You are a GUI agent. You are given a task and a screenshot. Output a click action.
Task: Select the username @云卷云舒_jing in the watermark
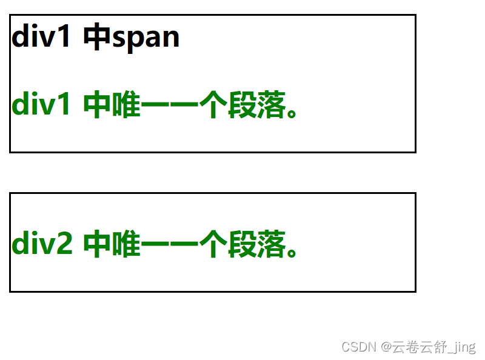pyautogui.click(x=429, y=347)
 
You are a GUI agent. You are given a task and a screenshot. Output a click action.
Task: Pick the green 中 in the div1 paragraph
pyautogui.click(x=97, y=105)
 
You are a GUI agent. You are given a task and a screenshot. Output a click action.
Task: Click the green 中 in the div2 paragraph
pyautogui.click(x=97, y=244)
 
